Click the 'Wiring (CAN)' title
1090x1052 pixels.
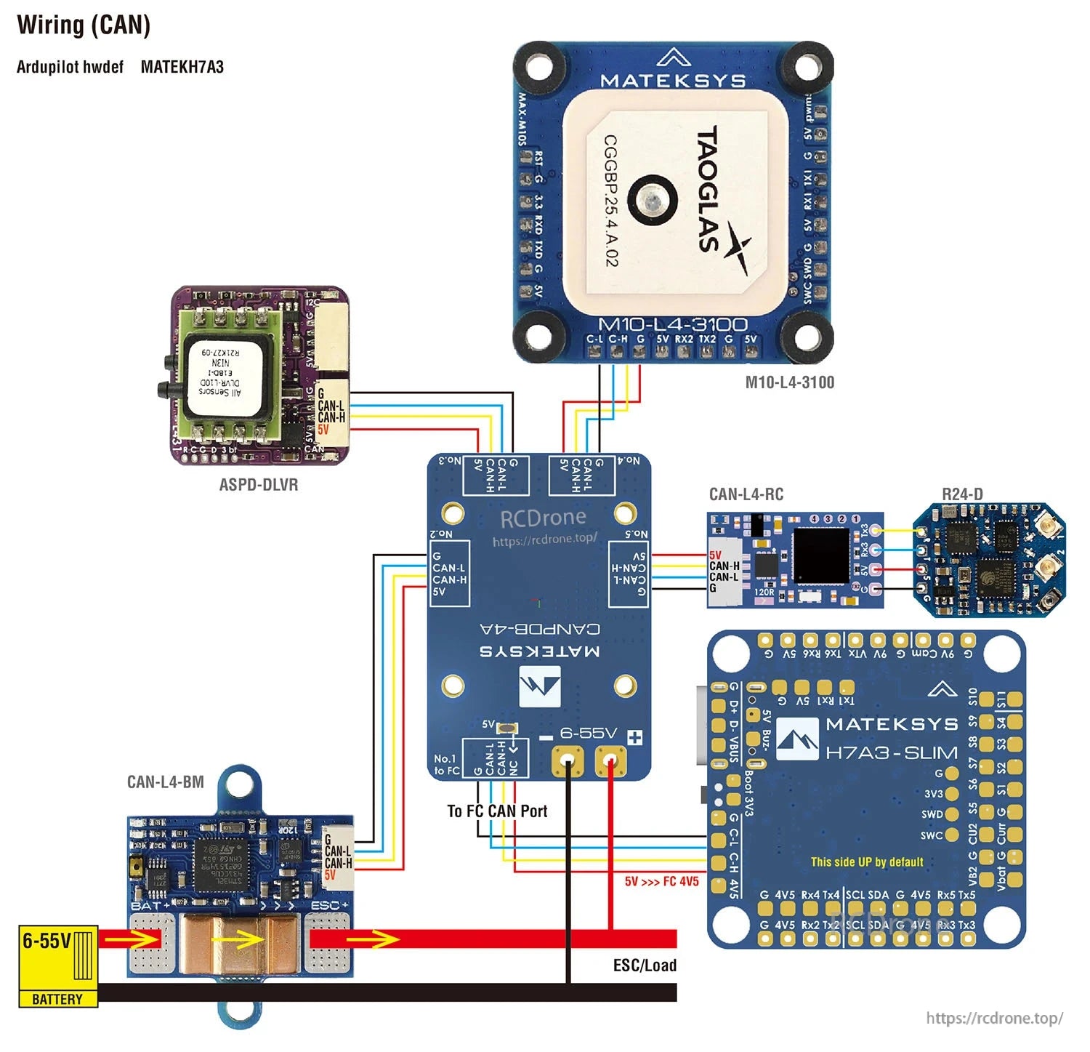(84, 25)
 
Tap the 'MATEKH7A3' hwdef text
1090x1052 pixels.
(182, 67)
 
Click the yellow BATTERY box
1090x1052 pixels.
(57, 966)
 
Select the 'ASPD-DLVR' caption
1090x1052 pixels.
(258, 484)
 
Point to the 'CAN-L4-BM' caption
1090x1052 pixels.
(165, 782)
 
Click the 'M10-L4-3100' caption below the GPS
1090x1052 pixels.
(789, 382)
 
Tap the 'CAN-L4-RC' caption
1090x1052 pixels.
(746, 494)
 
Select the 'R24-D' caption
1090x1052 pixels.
(962, 494)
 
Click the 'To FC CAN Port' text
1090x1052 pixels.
(497, 811)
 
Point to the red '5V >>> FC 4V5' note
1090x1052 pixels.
(661, 881)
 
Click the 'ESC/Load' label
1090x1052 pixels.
(645, 965)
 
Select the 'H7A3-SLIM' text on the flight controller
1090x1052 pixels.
(891, 752)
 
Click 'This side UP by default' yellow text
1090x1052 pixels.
(867, 862)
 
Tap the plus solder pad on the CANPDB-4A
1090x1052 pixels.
(610, 762)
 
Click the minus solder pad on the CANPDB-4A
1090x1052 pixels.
(568, 762)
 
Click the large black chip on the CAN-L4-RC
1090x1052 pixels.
(821, 556)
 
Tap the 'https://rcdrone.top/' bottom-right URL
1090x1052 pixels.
(994, 1018)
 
